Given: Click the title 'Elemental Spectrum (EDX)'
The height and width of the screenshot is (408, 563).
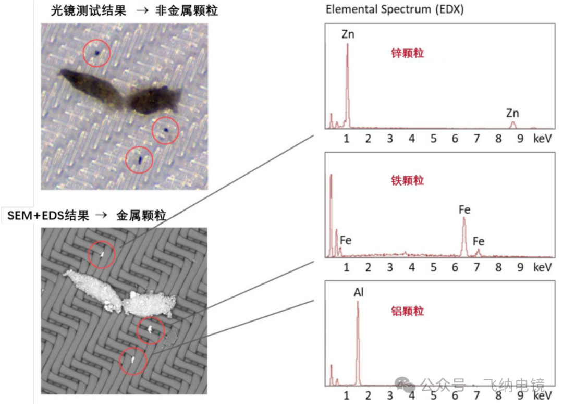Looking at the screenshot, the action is coord(395,9).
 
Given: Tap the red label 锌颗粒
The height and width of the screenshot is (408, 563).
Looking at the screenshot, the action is coord(407,53).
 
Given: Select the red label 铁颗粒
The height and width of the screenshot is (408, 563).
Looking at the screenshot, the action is coord(407,180).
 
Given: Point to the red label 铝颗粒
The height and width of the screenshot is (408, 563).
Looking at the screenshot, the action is coord(407,311).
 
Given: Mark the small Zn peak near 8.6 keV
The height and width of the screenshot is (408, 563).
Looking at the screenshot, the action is coord(513,125).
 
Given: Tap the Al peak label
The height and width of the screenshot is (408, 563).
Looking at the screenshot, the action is coord(358,292).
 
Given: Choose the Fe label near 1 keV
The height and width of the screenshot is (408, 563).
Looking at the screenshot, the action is coord(346,240).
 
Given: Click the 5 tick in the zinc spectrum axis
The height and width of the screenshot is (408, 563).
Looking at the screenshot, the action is coord(433,139).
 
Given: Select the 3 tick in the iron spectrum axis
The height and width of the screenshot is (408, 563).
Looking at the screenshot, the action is coord(390,267).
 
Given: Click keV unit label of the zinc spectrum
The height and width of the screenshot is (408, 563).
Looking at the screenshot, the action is coord(542,139).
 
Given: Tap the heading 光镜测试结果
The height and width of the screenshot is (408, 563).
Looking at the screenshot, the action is coord(88,10).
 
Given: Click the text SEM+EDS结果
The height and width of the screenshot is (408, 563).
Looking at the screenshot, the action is coord(48,215).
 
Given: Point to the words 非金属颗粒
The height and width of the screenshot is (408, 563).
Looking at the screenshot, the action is coord(186,10).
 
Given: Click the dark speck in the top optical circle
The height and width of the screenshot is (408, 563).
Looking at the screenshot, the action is coord(97,53).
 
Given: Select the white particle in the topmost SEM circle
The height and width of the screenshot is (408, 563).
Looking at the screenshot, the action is coord(102,255).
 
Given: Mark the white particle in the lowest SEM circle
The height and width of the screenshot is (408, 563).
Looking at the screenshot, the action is coord(133,359).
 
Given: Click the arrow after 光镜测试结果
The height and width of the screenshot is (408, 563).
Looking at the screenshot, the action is coord(142,10).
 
